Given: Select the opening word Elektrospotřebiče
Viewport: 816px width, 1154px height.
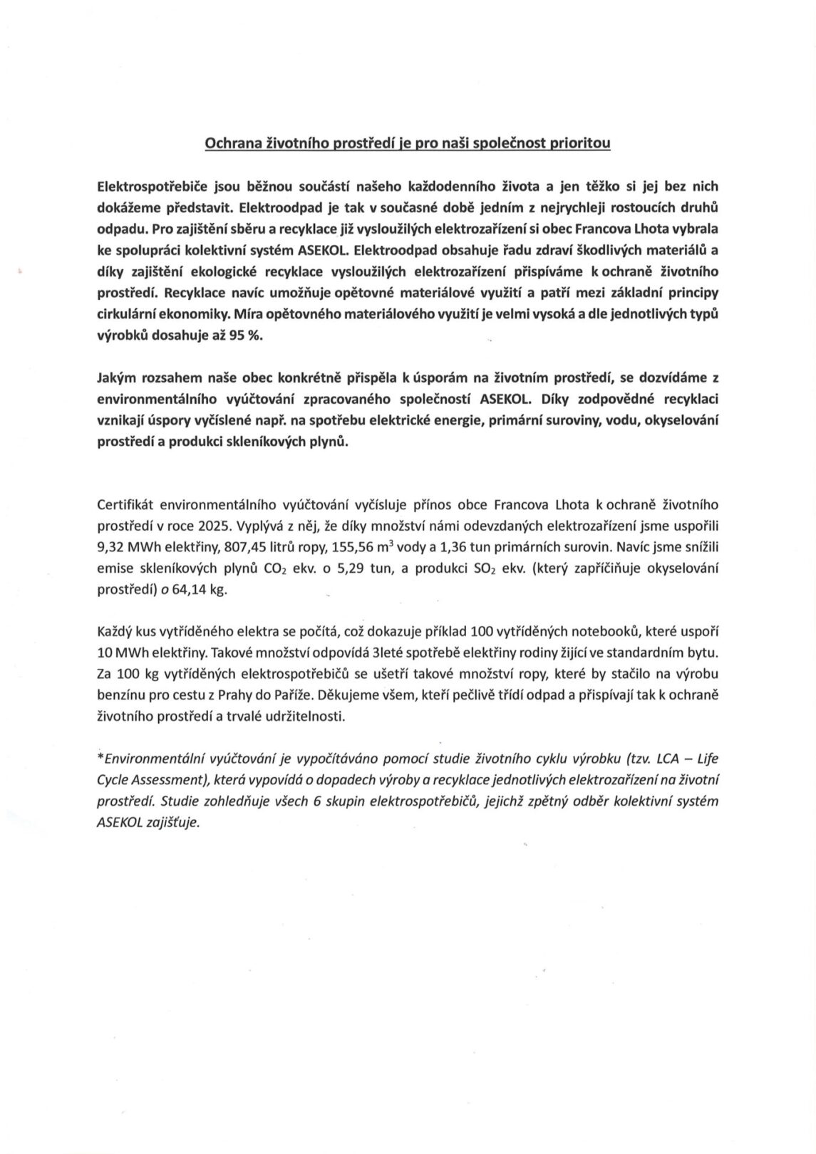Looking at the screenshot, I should click(x=150, y=186).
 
